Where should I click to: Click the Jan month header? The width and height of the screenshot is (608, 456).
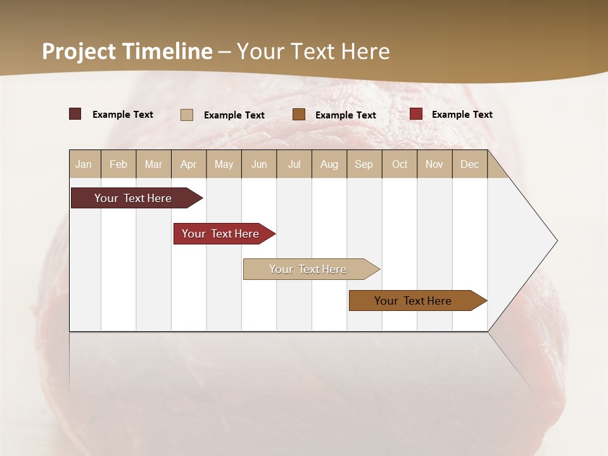tap(84, 164)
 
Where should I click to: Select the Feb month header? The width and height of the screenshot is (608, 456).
tap(118, 164)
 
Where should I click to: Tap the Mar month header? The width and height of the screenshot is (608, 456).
tap(153, 164)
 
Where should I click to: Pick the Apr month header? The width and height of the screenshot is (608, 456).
tap(189, 164)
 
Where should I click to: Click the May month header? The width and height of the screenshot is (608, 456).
tap(224, 164)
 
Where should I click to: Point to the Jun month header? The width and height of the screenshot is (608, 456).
tap(259, 164)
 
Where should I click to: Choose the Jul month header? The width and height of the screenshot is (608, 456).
tap(294, 164)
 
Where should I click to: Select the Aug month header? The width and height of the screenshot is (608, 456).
tap(329, 164)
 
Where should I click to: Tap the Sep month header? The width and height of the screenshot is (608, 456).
tap(364, 164)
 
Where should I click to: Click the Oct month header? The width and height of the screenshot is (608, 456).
tap(400, 164)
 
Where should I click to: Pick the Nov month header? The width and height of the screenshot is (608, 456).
tap(434, 164)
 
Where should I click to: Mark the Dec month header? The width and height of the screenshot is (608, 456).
tap(470, 164)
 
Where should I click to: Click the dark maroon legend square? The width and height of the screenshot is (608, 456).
tap(75, 114)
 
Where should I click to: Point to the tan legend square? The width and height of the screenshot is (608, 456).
tap(186, 115)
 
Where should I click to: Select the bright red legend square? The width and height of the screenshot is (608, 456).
tap(415, 114)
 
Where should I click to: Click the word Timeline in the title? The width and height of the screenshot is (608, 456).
tap(167, 51)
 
